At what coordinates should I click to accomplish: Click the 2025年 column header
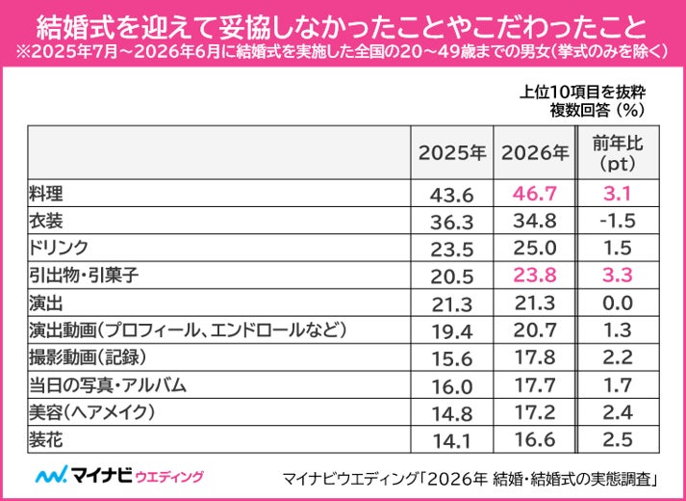point(452,153)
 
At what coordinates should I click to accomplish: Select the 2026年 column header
point(535,153)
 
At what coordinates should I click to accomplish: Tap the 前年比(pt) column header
point(618,153)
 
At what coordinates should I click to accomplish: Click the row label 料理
point(46,193)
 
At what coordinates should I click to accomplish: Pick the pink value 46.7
point(535,194)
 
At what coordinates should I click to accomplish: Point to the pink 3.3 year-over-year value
point(618,276)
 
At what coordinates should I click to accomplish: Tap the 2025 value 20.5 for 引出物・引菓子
point(452,277)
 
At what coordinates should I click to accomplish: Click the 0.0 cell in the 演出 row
point(618,303)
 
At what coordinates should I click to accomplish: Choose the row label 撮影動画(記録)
point(87,357)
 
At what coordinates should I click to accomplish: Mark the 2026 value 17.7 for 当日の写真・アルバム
point(534,385)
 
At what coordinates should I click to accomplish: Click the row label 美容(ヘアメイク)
point(91,412)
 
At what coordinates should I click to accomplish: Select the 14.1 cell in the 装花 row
point(451,441)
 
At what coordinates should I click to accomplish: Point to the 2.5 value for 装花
point(618,439)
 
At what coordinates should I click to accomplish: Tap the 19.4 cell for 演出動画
point(451,332)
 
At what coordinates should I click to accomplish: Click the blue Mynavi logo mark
point(52,474)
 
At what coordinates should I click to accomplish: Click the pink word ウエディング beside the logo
point(169,476)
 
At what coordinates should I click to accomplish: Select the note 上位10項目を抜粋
point(583,92)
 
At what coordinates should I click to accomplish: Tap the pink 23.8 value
point(535,276)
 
